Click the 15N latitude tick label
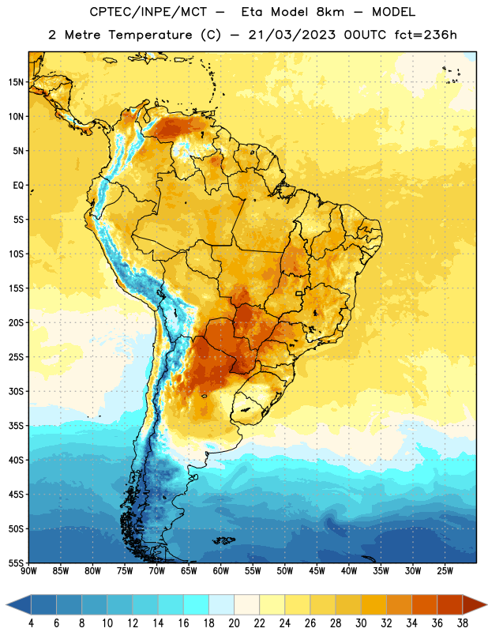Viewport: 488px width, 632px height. click(x=16, y=82)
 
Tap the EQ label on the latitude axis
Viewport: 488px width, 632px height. click(x=18, y=186)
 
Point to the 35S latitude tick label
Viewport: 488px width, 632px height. click(x=16, y=426)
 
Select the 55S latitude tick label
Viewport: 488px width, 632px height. click(x=16, y=562)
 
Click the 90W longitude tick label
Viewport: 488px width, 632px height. click(x=28, y=571)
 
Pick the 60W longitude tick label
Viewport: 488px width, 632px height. click(x=221, y=571)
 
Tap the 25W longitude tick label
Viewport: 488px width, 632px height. click(x=445, y=571)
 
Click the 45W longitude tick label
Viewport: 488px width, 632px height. click(x=317, y=571)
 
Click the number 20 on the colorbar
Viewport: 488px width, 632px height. click(x=234, y=623)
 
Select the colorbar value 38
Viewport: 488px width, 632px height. click(x=462, y=623)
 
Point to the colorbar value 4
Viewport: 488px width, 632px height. click(x=31, y=623)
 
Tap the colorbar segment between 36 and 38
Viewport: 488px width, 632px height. click(x=450, y=604)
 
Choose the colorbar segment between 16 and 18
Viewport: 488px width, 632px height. click(x=197, y=604)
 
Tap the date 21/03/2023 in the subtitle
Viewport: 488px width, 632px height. click(x=291, y=35)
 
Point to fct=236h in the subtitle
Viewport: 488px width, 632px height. click(x=426, y=35)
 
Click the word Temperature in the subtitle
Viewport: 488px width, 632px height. click(x=150, y=35)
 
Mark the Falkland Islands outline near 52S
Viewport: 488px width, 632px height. click(x=224, y=540)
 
